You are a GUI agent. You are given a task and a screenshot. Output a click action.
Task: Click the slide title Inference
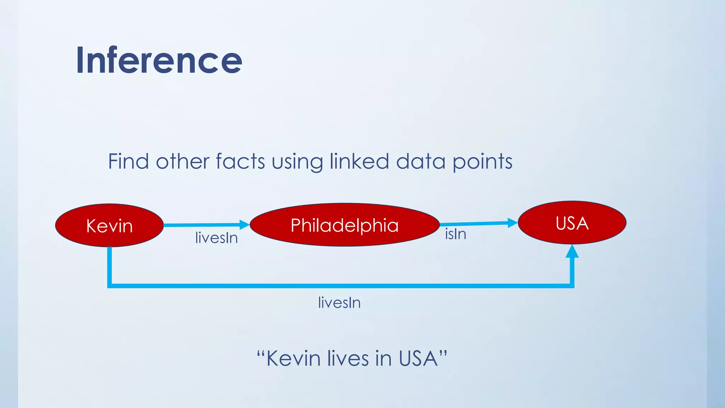(x=159, y=60)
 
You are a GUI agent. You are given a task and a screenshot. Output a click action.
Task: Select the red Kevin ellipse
(x=109, y=226)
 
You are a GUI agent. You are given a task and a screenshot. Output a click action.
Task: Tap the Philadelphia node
(x=344, y=225)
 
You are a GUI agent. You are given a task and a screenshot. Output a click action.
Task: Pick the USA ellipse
(x=572, y=223)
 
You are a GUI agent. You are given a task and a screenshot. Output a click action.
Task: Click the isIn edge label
(x=455, y=234)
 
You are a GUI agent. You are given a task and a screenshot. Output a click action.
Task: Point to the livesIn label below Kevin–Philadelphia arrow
(x=216, y=238)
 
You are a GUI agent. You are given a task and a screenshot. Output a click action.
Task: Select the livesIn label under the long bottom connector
(x=339, y=303)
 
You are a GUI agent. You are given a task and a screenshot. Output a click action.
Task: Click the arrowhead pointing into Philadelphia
(x=244, y=225)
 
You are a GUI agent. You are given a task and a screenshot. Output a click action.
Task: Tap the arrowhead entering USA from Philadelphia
(x=512, y=223)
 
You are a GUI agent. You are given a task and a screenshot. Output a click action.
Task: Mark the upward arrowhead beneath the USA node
(x=572, y=251)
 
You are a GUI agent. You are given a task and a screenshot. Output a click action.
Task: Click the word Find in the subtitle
(x=128, y=161)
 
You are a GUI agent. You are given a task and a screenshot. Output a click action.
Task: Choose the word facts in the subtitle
(x=240, y=161)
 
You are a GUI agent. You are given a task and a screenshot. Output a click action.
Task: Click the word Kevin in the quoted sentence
(x=293, y=358)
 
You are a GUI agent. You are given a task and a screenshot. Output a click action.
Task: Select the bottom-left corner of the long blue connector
(x=110, y=285)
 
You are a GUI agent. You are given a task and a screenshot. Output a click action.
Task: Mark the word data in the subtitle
(x=421, y=161)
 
